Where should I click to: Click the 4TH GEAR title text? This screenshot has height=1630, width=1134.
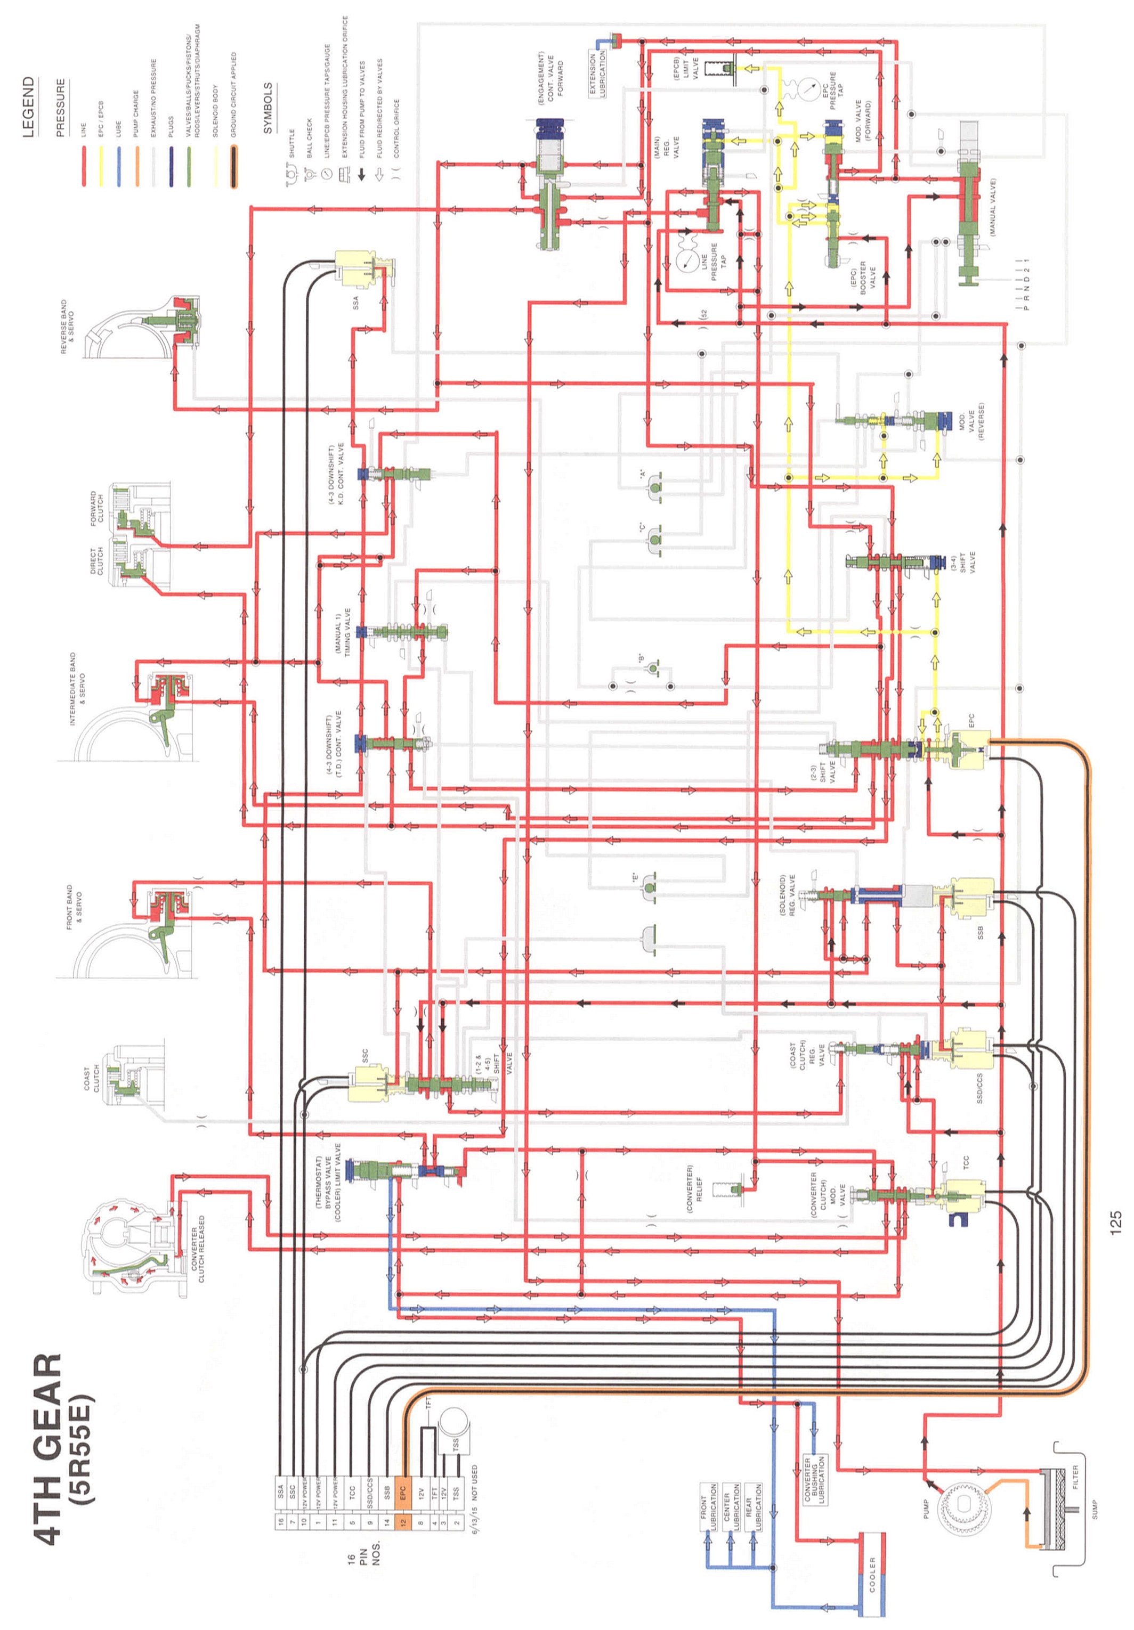coord(48,1449)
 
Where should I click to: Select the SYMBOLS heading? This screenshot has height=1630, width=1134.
coord(268,109)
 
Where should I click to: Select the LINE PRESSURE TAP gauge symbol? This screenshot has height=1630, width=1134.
coord(686,260)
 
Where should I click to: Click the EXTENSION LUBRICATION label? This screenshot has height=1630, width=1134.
coord(597,75)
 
